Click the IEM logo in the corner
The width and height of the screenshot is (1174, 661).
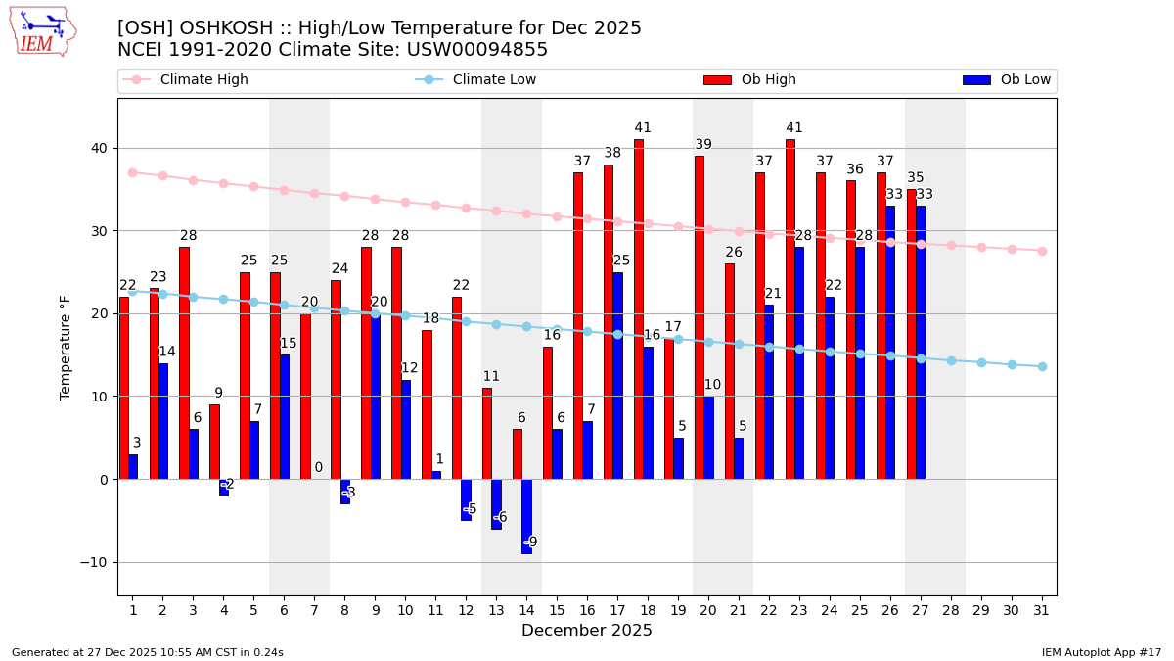pos(42,31)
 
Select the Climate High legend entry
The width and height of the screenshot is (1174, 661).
pos(203,80)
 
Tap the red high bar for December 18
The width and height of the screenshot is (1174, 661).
pos(639,308)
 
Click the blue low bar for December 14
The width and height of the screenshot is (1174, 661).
pos(527,516)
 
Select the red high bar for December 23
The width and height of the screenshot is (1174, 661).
pos(790,308)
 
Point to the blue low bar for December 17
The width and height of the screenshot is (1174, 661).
pos(617,375)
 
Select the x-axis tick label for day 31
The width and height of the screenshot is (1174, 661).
pos(1041,610)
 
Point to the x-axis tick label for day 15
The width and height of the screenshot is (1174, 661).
pos(557,610)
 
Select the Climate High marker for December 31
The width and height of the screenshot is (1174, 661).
pos(1042,251)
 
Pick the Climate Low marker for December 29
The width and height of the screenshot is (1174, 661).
pos(981,362)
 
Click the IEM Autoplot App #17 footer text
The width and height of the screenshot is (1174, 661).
pos(1102,652)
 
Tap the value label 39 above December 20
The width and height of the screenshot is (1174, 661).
pos(703,145)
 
